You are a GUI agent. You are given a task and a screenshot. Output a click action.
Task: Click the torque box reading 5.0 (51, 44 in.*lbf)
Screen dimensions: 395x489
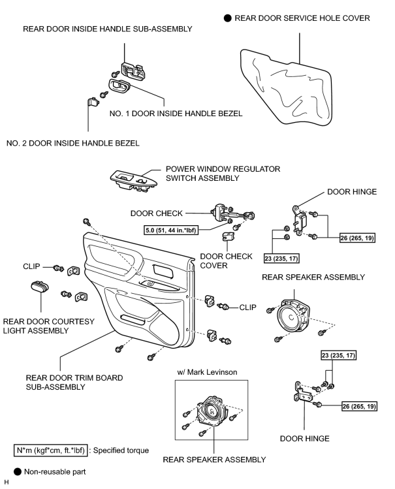171,230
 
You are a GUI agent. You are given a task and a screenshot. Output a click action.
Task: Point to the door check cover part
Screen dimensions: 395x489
229,236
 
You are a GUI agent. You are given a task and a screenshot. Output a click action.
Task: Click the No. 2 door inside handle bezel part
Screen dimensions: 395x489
93,102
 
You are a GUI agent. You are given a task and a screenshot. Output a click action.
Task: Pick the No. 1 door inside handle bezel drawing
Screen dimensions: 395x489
119,86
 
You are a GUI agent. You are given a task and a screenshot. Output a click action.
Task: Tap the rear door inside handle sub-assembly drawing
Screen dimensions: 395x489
133,71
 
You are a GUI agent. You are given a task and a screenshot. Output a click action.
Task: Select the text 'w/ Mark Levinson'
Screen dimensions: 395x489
208,372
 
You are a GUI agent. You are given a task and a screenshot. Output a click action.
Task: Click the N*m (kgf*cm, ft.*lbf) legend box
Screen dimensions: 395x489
50,450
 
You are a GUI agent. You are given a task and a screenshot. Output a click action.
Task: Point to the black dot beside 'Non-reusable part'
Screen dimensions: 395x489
18,471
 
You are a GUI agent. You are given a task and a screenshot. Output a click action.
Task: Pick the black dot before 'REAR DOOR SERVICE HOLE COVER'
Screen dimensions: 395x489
228,18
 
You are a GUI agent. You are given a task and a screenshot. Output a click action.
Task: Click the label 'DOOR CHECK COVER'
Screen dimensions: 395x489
226,260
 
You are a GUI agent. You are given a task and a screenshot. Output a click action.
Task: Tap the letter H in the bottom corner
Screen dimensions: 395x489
7,482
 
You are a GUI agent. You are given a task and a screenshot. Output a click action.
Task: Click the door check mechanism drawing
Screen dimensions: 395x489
233,215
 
